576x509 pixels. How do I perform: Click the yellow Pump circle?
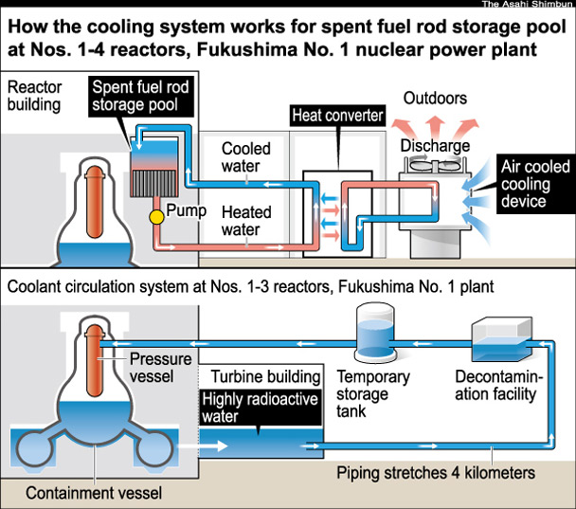click(x=155, y=217)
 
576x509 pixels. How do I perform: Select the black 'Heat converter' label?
click(x=336, y=117)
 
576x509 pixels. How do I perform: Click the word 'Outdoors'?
click(x=435, y=98)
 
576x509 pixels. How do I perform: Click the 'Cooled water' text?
click(x=245, y=157)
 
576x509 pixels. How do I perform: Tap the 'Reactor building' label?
click(x=36, y=96)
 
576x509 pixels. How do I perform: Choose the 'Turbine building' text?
click(x=260, y=376)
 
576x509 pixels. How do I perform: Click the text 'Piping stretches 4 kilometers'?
click(x=435, y=470)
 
